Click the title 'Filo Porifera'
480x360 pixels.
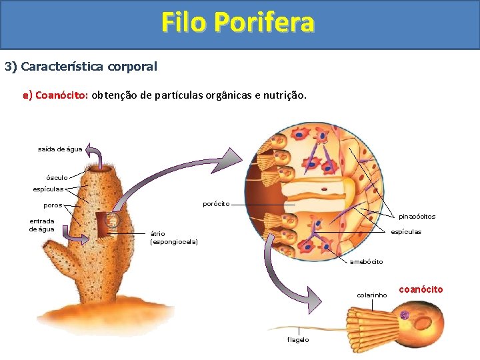pyautogui.click(x=237, y=23)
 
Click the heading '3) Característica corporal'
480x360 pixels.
pyautogui.click(x=81, y=67)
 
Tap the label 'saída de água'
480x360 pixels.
pyautogui.click(x=60, y=149)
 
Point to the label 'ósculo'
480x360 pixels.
pyautogui.click(x=56, y=177)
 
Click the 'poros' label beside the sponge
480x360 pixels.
pyautogui.click(x=53, y=205)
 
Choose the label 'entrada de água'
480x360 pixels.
pyautogui.click(x=41, y=225)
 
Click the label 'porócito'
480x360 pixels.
pyautogui.click(x=216, y=203)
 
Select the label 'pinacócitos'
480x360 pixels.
pyautogui.click(x=417, y=216)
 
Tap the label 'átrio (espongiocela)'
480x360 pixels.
pyautogui.click(x=173, y=237)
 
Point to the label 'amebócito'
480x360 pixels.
pyautogui.click(x=366, y=261)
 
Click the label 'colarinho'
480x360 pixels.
pyautogui.click(x=371, y=294)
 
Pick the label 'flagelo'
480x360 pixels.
pyautogui.click(x=297, y=339)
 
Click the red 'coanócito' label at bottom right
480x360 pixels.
pyautogui.click(x=421, y=289)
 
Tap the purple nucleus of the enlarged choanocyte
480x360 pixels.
pyautogui.click(x=404, y=315)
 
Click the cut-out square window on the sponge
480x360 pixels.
pyautogui.click(x=107, y=224)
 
